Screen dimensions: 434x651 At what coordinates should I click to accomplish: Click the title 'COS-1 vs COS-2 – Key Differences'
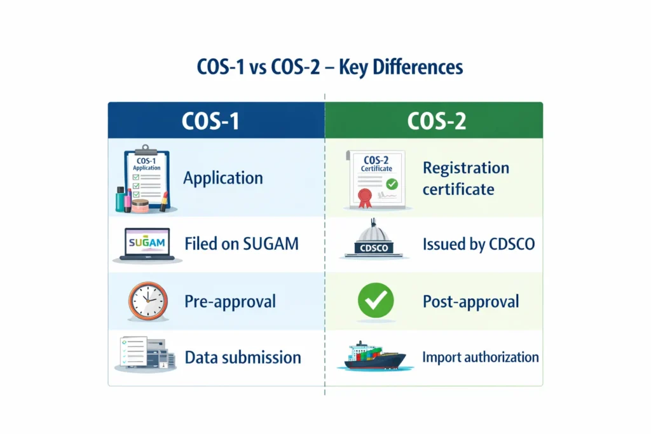click(325, 67)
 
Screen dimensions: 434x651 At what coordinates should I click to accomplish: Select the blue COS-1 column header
click(216, 121)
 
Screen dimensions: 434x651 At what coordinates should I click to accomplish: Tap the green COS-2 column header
click(434, 121)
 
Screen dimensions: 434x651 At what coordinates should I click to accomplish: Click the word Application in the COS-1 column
click(223, 178)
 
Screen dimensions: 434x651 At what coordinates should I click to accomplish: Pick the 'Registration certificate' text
click(465, 179)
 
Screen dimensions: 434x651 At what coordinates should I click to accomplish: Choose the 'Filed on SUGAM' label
click(241, 243)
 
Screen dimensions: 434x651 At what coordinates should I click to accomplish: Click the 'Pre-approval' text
click(230, 301)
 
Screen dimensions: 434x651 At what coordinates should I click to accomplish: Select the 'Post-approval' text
click(470, 301)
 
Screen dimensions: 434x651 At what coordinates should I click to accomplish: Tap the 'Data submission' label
click(243, 357)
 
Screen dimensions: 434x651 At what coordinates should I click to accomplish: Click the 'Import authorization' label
click(480, 357)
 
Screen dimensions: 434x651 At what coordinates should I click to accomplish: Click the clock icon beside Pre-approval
click(148, 301)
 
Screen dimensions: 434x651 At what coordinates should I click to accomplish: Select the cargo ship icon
click(373, 356)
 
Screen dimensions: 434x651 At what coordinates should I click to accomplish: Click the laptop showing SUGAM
click(146, 245)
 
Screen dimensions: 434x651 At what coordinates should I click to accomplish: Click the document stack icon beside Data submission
click(143, 355)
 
